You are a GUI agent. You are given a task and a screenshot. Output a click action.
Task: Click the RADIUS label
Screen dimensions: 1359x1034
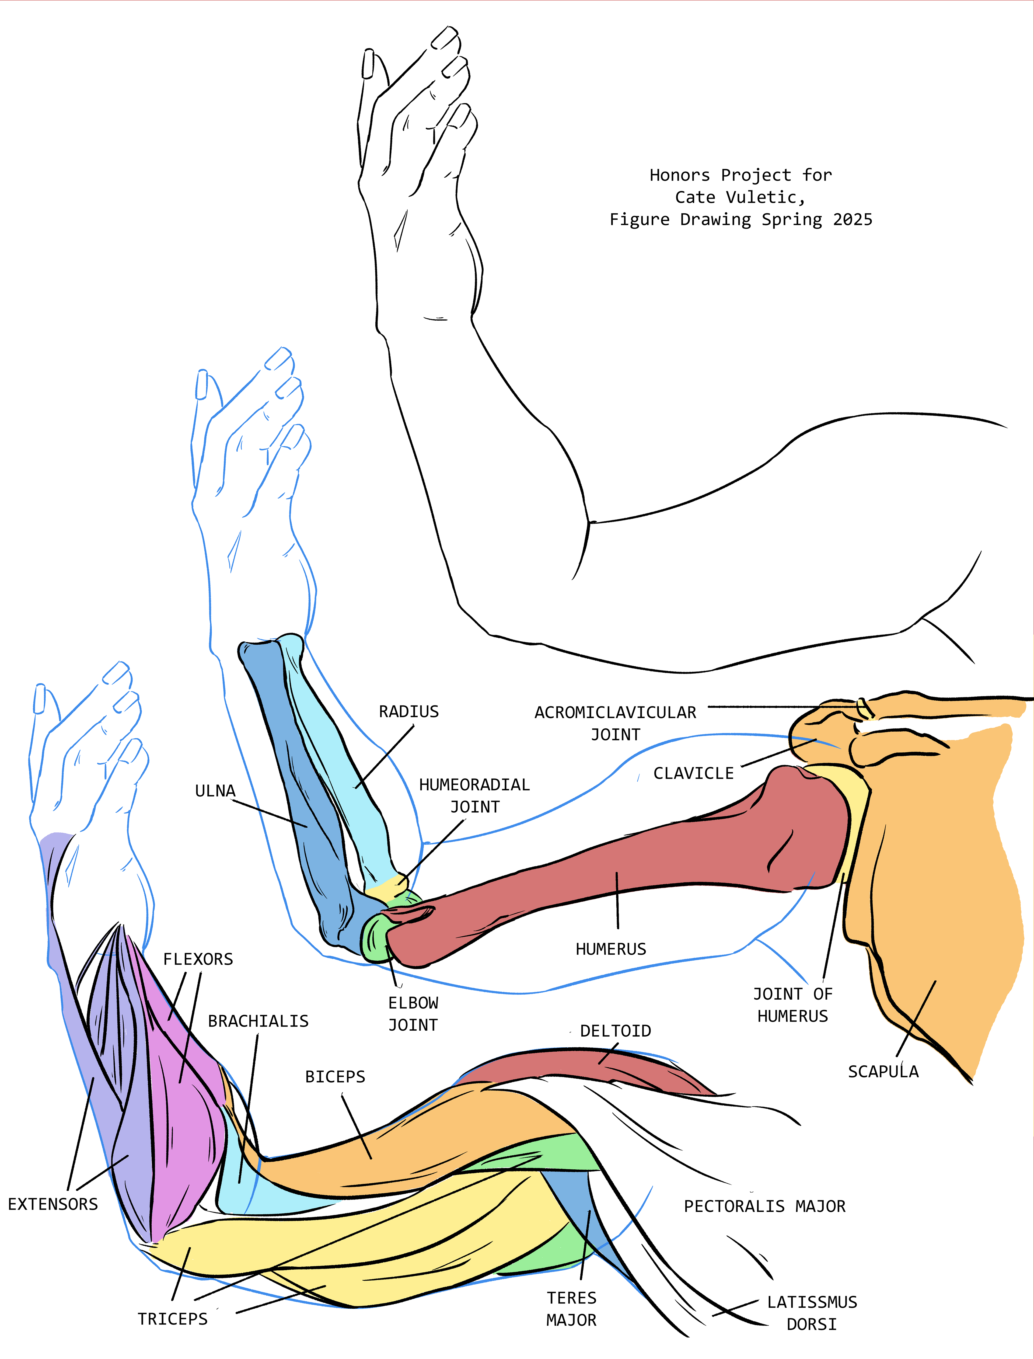coord(409,712)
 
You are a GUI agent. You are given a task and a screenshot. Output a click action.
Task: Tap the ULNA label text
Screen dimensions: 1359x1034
coord(215,791)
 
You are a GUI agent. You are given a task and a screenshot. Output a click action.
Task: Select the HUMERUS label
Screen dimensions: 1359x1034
coord(610,949)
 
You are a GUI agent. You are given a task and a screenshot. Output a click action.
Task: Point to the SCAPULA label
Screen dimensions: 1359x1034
coord(883,1071)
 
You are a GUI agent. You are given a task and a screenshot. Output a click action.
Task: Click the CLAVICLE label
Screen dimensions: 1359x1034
coord(694,773)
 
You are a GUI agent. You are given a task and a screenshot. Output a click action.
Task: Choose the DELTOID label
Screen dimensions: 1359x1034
coord(616,1031)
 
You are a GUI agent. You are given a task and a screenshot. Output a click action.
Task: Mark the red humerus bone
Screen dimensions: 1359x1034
coord(616,862)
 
